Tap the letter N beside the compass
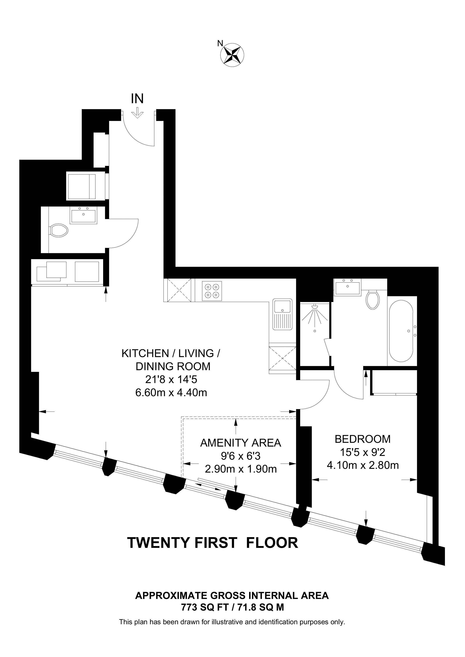[x=220, y=43]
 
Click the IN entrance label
[x=137, y=99]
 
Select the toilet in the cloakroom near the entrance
[x=59, y=230]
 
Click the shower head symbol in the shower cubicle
[x=315, y=306]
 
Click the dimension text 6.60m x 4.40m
[x=171, y=393]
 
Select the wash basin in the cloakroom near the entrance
[x=83, y=215]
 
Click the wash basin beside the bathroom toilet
[x=347, y=287]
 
